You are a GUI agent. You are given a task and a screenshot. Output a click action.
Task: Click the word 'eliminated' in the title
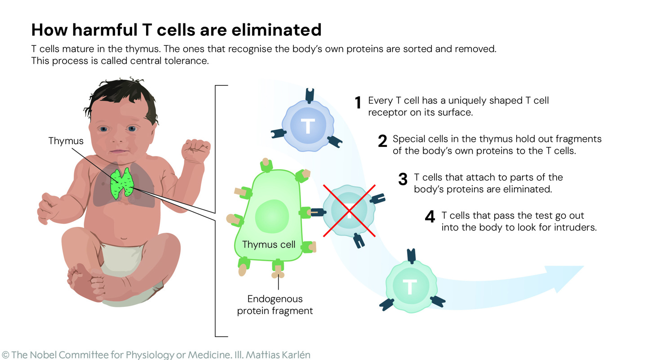(x=276, y=30)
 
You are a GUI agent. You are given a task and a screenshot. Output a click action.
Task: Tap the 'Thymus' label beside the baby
(x=66, y=141)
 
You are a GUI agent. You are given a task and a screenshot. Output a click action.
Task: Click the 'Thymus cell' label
(x=269, y=244)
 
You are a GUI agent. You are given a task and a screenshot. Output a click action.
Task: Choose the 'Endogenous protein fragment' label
(x=275, y=305)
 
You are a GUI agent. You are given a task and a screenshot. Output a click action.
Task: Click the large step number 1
(x=358, y=102)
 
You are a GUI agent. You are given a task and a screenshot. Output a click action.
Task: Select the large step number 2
(x=382, y=141)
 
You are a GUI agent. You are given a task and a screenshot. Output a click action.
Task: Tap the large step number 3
(x=403, y=179)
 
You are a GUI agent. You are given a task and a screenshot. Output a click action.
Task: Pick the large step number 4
(x=430, y=217)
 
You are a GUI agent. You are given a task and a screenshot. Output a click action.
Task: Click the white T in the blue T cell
(x=308, y=126)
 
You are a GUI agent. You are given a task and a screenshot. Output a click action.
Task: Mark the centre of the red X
(x=349, y=211)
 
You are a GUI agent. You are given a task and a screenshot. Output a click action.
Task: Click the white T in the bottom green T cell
(x=410, y=287)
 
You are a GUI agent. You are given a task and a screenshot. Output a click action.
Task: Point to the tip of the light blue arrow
(x=584, y=267)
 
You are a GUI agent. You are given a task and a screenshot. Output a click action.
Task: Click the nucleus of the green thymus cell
(x=272, y=216)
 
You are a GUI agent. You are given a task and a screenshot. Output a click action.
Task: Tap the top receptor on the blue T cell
(x=310, y=95)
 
